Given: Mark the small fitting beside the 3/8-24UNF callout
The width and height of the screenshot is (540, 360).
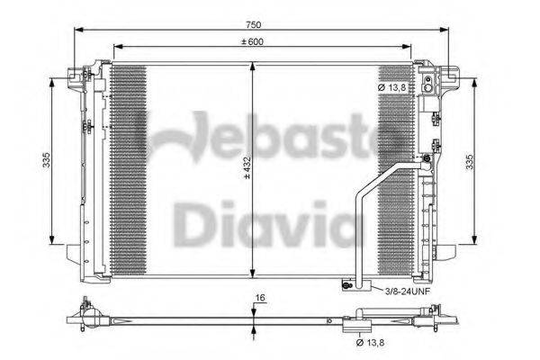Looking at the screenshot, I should point(346,287).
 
